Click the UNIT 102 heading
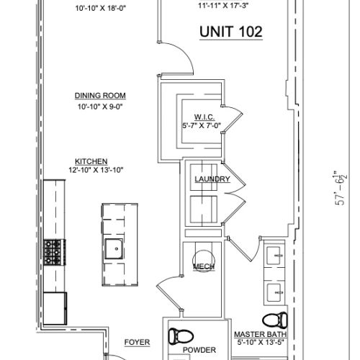(230, 31)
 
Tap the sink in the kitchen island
(113, 249)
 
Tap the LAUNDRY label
(212, 179)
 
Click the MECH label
(200, 266)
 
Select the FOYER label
(137, 342)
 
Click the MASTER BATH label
(261, 335)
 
